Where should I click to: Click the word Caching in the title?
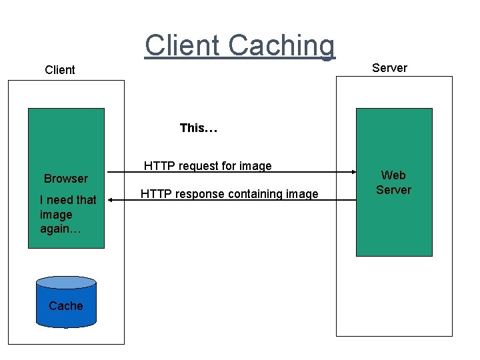[x=281, y=45]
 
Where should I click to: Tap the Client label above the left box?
[x=59, y=70]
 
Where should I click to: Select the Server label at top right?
[x=389, y=68]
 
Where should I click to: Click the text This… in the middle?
[x=199, y=128]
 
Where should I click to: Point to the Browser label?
[x=65, y=179]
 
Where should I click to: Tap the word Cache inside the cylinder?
[x=66, y=306]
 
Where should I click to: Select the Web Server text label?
[x=393, y=183]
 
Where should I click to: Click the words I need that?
[x=68, y=200]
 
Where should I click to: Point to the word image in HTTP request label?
[x=256, y=166]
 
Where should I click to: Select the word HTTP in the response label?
[x=154, y=194]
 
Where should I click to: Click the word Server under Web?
[x=393, y=190]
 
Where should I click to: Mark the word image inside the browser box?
[x=56, y=215]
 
